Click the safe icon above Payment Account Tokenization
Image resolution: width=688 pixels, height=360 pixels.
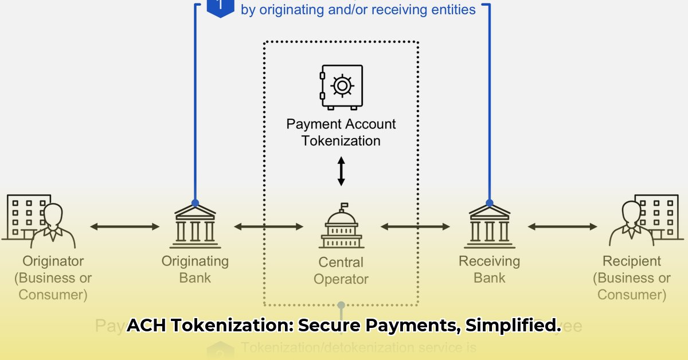(x=342, y=87)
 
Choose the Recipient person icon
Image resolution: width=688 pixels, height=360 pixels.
(x=631, y=224)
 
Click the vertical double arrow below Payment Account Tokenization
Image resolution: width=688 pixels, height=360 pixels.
(x=341, y=171)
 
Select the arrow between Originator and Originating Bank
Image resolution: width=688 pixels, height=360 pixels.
(x=125, y=227)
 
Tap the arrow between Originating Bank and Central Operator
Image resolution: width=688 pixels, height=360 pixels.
(x=268, y=227)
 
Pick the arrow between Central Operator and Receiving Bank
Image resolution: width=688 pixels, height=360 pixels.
(x=416, y=227)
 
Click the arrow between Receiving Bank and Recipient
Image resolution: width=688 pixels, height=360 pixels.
(x=562, y=227)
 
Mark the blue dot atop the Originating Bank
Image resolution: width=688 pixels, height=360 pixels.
(x=196, y=203)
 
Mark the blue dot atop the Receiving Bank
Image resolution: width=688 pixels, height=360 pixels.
(x=489, y=203)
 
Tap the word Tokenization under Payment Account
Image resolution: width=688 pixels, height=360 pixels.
(x=341, y=140)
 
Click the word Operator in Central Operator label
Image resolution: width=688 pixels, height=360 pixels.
(x=341, y=279)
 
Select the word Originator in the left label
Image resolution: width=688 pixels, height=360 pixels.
(x=53, y=261)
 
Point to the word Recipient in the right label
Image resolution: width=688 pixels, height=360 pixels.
(x=631, y=261)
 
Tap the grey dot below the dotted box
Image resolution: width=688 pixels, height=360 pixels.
(x=341, y=305)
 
